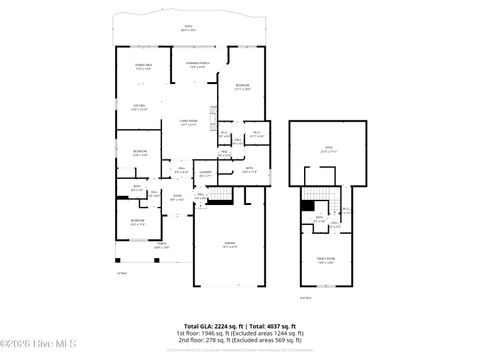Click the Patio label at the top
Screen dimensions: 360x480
coord(188,28)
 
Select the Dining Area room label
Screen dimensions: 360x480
coord(143,67)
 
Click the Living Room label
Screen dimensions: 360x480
coord(188,123)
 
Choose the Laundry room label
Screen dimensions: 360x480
coord(204,174)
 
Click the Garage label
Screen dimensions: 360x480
coord(229,244)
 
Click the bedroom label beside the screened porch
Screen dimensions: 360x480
coord(243,87)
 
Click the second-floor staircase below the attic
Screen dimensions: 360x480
coord(322,192)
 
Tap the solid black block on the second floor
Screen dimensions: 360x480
coord(307,205)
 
